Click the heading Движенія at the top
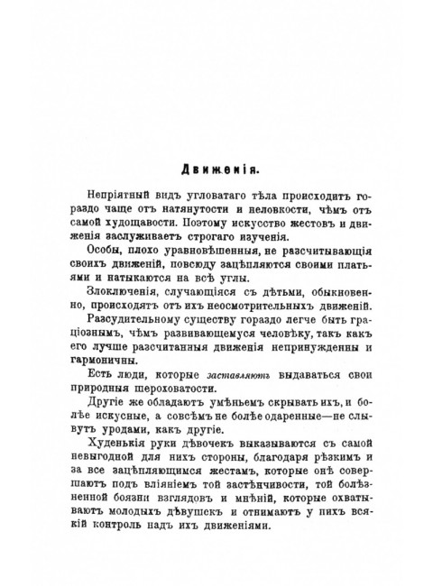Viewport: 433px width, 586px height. click(216, 168)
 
